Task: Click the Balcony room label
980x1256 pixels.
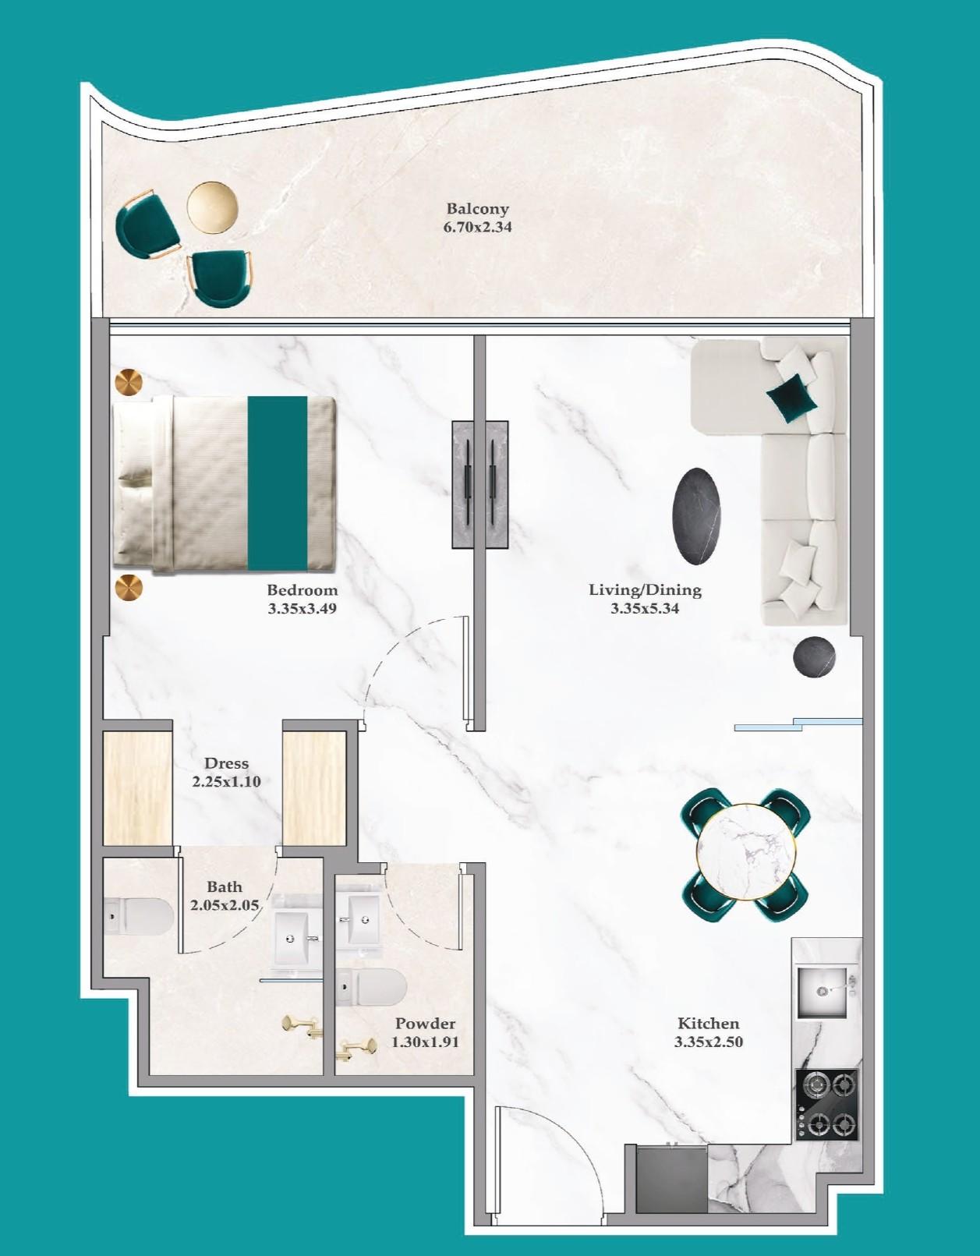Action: [x=477, y=209]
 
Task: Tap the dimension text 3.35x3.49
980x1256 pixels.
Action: [x=302, y=609]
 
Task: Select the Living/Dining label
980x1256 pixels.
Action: [x=645, y=590]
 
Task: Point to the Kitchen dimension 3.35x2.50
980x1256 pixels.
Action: [x=708, y=1042]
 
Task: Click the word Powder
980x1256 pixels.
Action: [x=425, y=1024]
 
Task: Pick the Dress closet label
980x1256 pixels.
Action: [x=226, y=763]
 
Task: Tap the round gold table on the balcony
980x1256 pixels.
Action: [x=212, y=207]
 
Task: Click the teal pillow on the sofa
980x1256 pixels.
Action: [x=792, y=397]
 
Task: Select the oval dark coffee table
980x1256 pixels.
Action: [x=696, y=516]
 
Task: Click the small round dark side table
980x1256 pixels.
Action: [x=814, y=657]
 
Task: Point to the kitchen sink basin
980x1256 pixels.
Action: [x=822, y=992]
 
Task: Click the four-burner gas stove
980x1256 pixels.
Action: [x=826, y=1103]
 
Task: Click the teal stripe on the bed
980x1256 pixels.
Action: [x=277, y=483]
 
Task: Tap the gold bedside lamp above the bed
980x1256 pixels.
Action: [x=129, y=383]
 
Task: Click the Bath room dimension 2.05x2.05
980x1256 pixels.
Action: [x=225, y=905]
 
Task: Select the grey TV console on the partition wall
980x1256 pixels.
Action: [x=480, y=484]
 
